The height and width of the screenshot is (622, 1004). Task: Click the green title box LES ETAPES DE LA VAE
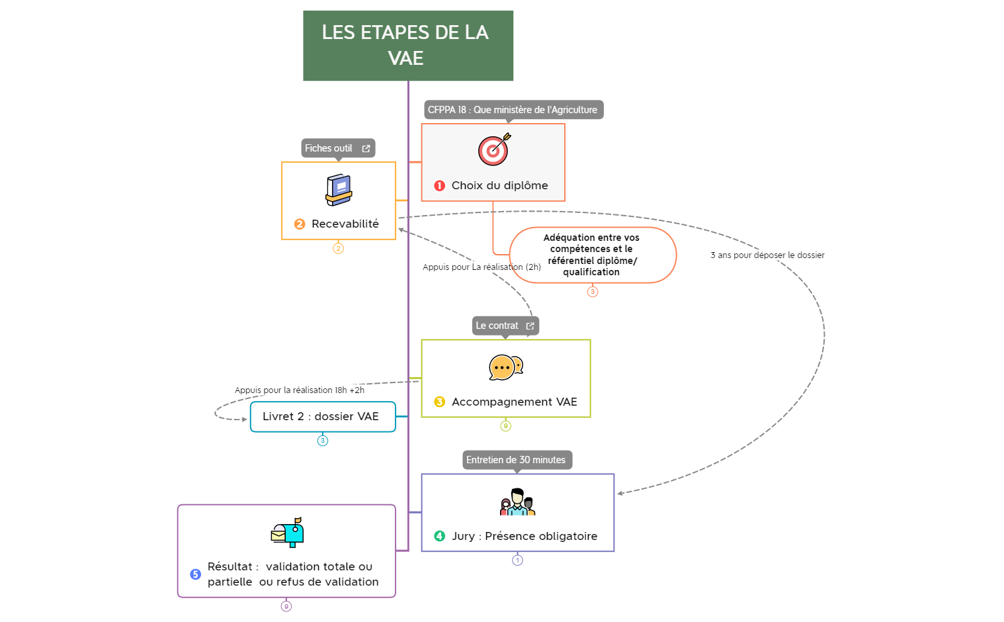408,46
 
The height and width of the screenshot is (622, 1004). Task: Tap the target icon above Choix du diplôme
494,150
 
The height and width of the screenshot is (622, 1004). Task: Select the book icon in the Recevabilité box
339,190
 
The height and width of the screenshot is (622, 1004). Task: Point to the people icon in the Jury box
517,502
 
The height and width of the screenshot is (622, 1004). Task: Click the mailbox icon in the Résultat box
288,532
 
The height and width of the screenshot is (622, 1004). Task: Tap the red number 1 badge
439,186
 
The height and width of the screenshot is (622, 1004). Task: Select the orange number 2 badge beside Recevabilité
300,224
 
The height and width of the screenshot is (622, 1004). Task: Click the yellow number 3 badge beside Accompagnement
439,402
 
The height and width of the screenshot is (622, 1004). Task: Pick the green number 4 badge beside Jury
439,536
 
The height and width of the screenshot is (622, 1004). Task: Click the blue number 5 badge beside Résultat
195,574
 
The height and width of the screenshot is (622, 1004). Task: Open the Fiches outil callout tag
337,148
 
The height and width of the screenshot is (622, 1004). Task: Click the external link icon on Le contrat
530,326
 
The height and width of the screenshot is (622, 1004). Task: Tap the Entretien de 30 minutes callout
517,460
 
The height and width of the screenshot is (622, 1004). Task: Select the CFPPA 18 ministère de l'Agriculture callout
513,110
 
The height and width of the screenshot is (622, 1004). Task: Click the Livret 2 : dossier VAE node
322,417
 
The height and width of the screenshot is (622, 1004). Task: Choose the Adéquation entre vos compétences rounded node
592,255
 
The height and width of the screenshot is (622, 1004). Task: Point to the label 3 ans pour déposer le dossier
767,255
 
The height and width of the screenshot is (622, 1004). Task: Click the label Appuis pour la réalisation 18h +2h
299,390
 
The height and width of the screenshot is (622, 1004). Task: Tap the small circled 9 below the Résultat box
286,606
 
